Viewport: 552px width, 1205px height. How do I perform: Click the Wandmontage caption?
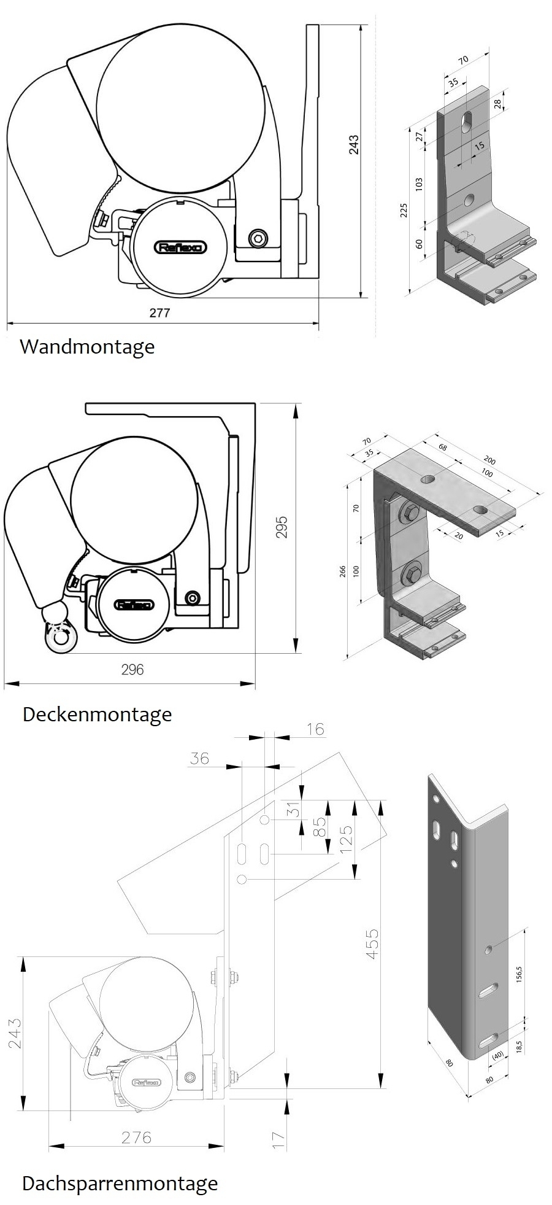[x=87, y=347]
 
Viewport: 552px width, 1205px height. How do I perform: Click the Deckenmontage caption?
[x=97, y=715]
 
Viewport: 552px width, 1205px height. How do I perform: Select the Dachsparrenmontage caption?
[x=120, y=1183]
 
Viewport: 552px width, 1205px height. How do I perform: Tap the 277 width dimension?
[x=159, y=312]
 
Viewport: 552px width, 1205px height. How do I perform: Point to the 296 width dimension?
[x=132, y=669]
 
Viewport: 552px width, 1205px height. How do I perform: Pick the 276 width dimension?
[x=136, y=1137]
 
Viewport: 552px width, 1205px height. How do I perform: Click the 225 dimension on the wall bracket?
[x=404, y=211]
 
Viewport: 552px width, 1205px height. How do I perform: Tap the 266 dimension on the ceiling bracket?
[x=343, y=572]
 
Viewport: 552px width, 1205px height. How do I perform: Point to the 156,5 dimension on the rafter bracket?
[x=519, y=974]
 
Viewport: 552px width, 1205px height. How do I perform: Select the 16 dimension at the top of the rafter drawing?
[x=315, y=729]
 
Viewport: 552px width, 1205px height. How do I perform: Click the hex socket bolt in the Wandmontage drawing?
[x=259, y=237]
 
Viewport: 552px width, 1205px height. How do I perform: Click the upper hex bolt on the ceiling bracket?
[x=410, y=514]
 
